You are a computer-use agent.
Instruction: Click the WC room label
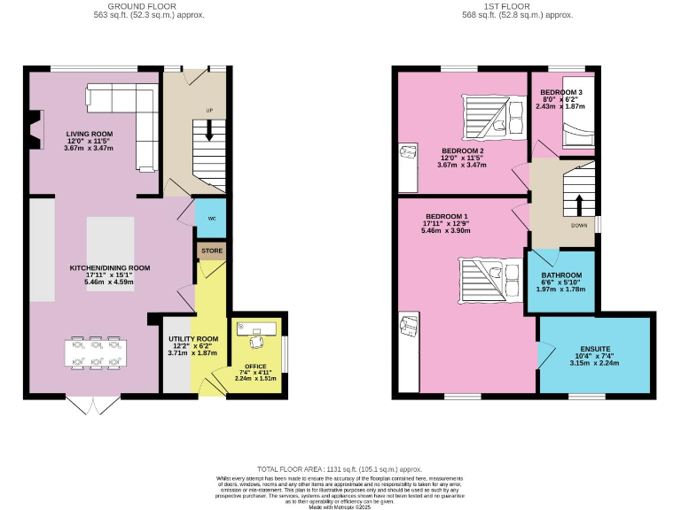pos(211,218)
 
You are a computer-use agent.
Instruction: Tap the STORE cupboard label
pos(211,251)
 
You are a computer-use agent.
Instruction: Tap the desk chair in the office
pos(258,342)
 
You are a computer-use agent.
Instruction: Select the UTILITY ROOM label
pos(193,339)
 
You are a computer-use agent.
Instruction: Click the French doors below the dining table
pos(91,406)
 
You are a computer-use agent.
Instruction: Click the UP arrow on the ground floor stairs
pos(209,130)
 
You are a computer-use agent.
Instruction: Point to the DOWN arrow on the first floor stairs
pos(579,205)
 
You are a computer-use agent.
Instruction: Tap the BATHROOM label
pos(561,275)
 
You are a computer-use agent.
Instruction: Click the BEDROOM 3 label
pos(561,93)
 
